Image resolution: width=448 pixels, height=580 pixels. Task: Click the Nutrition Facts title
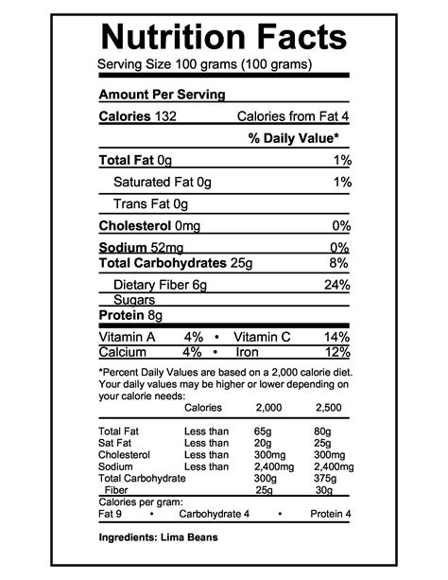click(223, 37)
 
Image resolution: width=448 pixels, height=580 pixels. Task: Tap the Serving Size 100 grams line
click(205, 66)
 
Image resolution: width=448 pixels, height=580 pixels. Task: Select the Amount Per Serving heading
click(162, 95)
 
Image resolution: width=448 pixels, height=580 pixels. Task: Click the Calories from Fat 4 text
click(293, 116)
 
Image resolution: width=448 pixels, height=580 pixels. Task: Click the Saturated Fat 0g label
click(163, 182)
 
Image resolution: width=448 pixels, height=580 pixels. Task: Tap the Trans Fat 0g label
click(151, 203)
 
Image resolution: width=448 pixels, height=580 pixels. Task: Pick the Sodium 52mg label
click(136, 248)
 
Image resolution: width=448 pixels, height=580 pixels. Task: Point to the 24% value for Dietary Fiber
click(336, 285)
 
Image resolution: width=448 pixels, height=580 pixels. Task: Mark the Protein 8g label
click(130, 315)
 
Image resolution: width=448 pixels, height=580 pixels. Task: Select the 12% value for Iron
click(338, 352)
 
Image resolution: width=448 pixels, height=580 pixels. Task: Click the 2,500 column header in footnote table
click(328, 408)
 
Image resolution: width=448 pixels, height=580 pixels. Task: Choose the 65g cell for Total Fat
click(263, 432)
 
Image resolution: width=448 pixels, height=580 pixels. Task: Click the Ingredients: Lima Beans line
click(158, 537)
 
